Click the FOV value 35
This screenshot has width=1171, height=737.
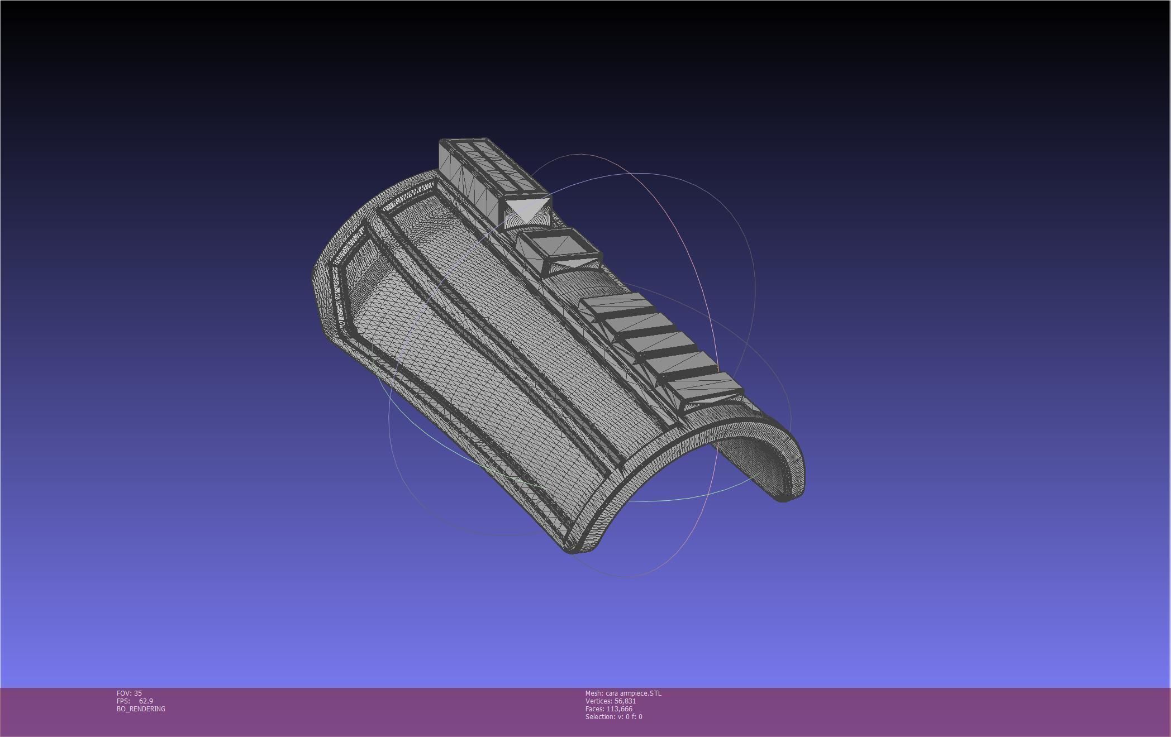click(137, 693)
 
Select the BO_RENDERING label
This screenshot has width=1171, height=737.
click(141, 709)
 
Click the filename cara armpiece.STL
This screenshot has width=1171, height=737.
click(633, 693)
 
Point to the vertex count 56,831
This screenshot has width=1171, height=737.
click(625, 701)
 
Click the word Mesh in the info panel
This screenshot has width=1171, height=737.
click(593, 693)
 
